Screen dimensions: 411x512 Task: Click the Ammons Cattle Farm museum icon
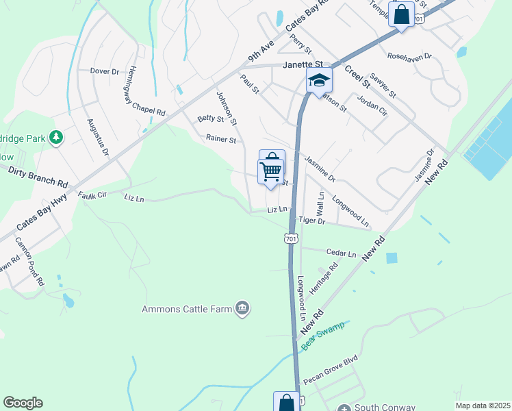point(242,309)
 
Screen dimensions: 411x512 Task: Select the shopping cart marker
point(271,171)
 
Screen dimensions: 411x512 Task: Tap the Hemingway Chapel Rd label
point(147,91)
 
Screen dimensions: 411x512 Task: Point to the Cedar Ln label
point(342,254)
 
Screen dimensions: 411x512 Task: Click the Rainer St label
point(221,139)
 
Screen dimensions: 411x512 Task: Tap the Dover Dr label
point(105,71)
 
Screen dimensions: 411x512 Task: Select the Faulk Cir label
point(92,195)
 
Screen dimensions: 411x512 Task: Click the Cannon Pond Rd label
point(30,260)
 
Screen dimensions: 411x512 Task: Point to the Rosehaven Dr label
point(410,56)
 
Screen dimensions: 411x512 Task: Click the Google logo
point(23,403)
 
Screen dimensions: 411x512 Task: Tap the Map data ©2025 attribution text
point(483,406)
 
